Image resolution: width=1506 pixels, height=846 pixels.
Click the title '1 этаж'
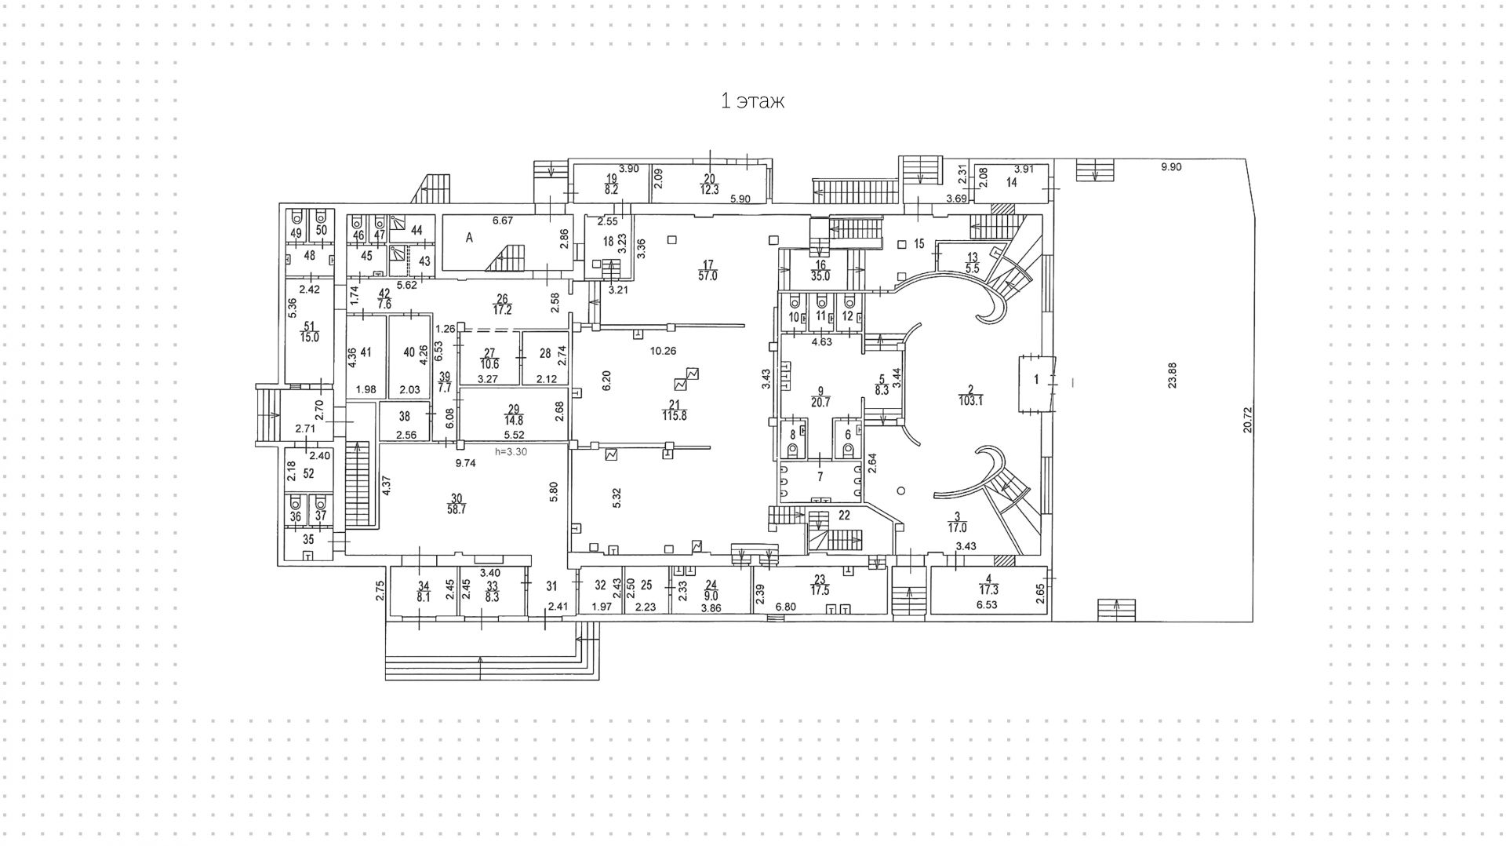(x=752, y=101)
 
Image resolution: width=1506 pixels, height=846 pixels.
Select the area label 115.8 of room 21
(x=674, y=416)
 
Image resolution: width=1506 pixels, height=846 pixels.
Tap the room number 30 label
(x=457, y=497)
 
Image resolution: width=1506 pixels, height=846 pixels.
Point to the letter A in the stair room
(x=469, y=239)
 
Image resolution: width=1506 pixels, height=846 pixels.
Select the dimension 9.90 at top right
(x=1171, y=167)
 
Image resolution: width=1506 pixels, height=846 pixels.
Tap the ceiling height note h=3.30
(x=511, y=452)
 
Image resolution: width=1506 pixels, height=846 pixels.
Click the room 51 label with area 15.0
(x=309, y=332)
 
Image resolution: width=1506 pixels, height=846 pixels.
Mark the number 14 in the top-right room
(x=1012, y=183)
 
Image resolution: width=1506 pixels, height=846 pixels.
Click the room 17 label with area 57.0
(x=708, y=270)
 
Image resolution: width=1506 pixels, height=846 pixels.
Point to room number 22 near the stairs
(x=844, y=516)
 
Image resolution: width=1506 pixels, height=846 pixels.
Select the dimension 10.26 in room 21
(x=662, y=351)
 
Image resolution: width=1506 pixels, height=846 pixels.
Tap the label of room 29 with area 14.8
(x=514, y=414)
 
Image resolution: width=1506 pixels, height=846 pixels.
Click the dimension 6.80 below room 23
(x=786, y=607)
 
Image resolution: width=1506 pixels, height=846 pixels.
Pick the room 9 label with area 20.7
(x=820, y=396)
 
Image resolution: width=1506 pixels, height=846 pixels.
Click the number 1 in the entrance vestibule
(x=1035, y=380)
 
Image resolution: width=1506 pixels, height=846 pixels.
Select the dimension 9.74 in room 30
(x=466, y=463)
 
